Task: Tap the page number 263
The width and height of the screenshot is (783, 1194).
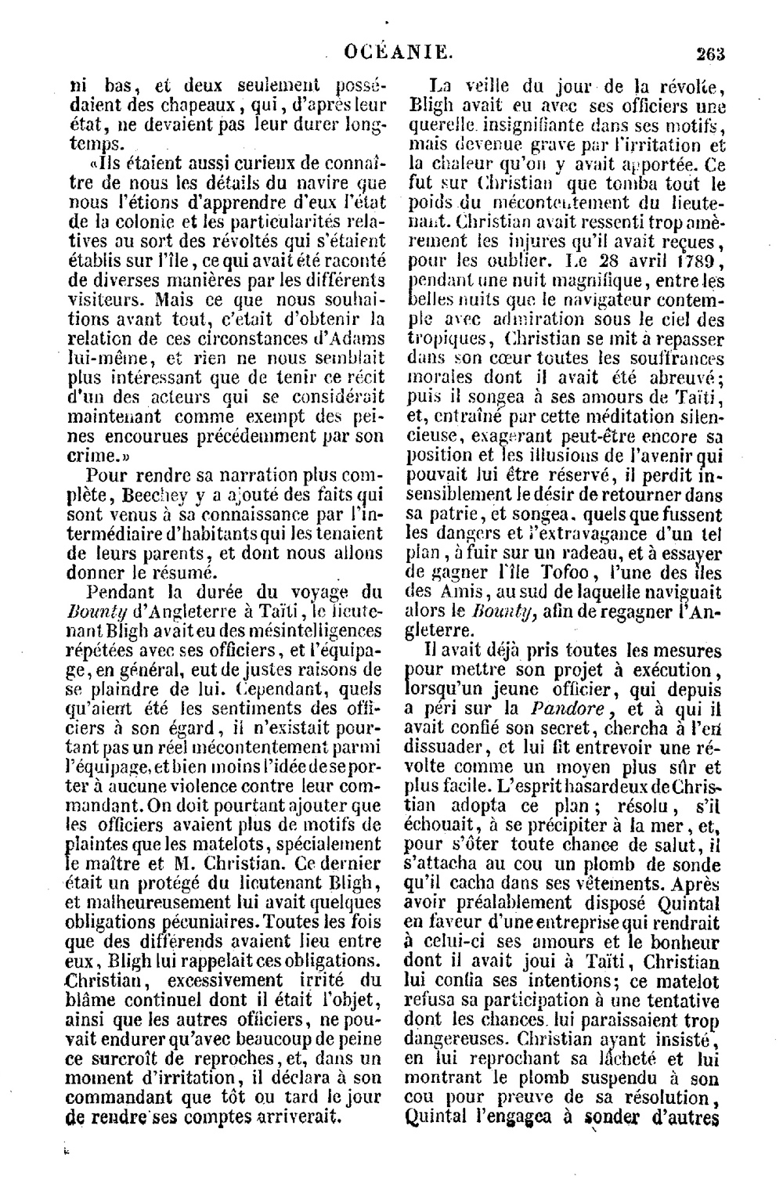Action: click(x=710, y=53)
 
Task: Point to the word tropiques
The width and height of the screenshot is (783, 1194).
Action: click(x=450, y=338)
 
